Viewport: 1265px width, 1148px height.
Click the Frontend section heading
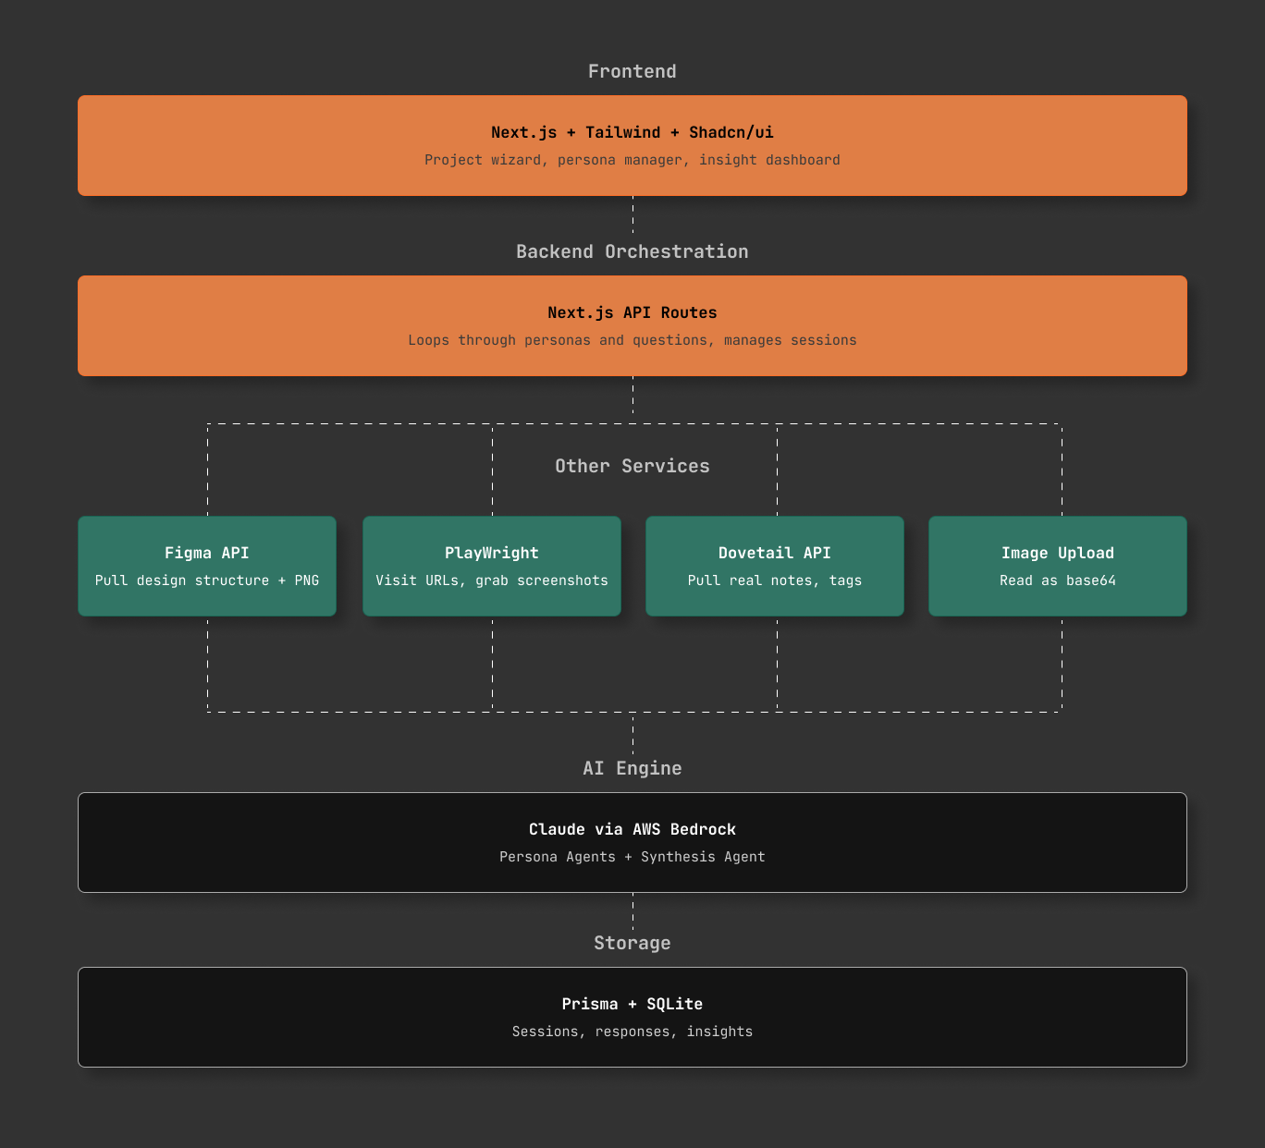click(x=632, y=71)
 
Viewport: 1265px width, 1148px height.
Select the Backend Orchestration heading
click(x=632, y=251)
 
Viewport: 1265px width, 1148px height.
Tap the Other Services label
click(x=632, y=466)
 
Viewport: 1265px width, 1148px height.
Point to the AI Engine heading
click(x=632, y=768)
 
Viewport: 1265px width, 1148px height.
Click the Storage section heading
click(x=632, y=943)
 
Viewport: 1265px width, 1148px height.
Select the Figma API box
click(x=207, y=566)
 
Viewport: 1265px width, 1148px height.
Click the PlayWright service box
click(x=492, y=566)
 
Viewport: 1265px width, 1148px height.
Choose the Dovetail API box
click(x=774, y=566)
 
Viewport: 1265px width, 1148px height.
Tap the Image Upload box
click(x=1058, y=566)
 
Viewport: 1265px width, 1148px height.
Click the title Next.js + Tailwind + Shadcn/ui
click(x=632, y=132)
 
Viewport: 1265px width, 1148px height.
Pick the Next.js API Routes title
click(x=632, y=312)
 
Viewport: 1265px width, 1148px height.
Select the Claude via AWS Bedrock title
click(x=632, y=829)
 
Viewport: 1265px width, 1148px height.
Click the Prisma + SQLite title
click(x=632, y=1004)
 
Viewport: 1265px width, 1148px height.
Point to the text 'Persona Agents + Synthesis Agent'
click(x=632, y=857)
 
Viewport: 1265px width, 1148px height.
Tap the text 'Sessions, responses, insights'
click(x=632, y=1032)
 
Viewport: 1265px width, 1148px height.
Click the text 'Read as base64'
click(x=1058, y=580)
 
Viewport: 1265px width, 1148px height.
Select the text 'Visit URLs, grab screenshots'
click(x=492, y=580)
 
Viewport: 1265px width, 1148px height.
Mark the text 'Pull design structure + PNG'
click(x=207, y=580)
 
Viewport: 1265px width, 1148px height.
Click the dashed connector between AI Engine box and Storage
click(x=632, y=911)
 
